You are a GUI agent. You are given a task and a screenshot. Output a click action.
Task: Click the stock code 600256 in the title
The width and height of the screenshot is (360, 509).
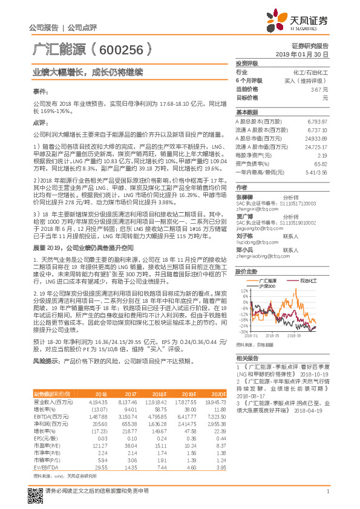click(x=120, y=50)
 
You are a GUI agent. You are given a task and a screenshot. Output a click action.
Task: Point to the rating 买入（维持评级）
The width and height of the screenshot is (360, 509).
click(x=306, y=80)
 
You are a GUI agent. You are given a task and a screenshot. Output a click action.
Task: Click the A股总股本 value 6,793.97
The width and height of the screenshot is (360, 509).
click(x=316, y=122)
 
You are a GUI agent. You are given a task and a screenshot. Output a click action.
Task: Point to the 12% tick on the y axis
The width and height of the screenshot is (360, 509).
click(x=244, y=290)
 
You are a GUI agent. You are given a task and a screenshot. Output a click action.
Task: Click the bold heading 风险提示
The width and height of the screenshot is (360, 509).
click(x=45, y=360)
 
